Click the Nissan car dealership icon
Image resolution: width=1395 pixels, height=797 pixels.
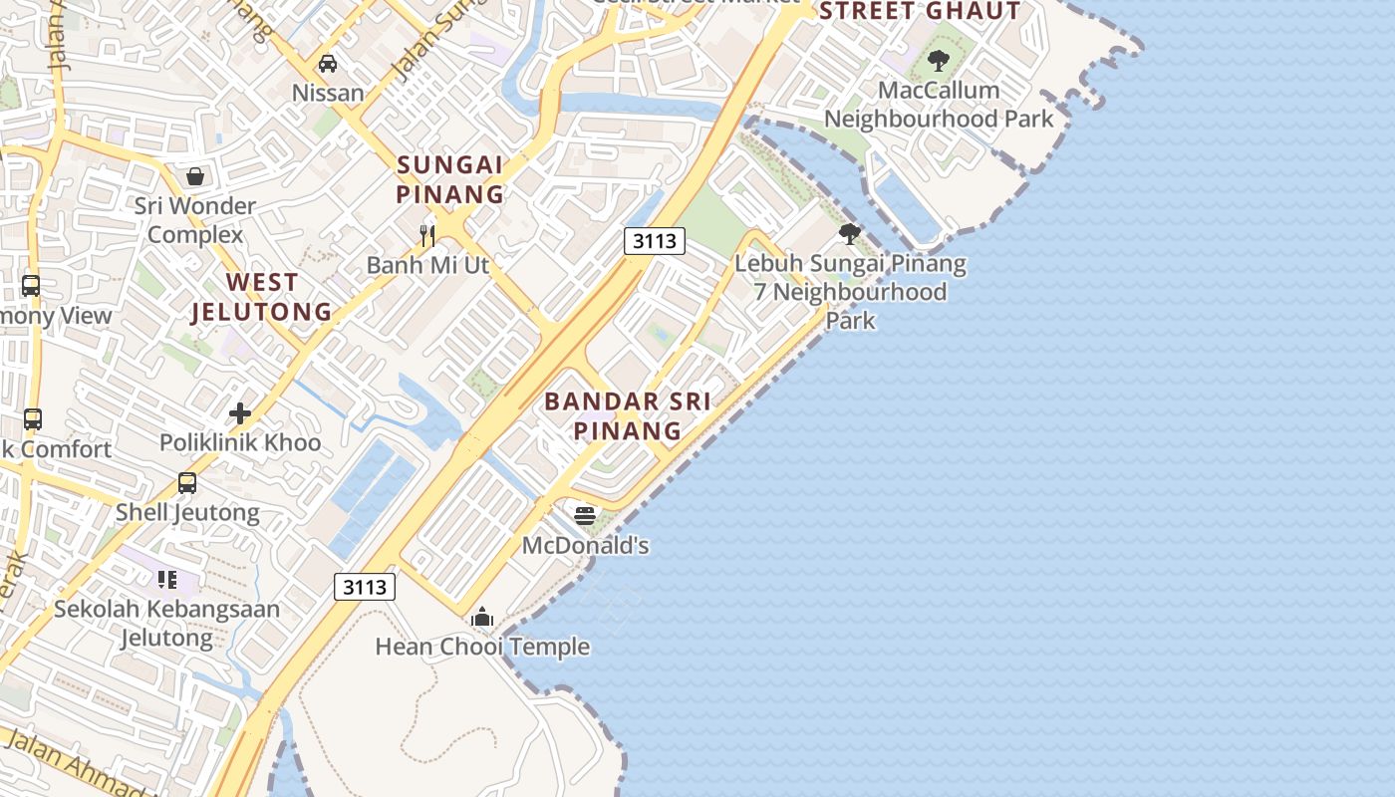pos(327,64)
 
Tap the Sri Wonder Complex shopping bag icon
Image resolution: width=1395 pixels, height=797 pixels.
pos(195,176)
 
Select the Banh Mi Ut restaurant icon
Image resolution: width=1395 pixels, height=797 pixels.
pos(427,235)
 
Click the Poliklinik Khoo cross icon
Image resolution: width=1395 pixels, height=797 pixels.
pos(240,412)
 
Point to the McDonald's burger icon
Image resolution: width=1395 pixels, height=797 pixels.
pos(585,515)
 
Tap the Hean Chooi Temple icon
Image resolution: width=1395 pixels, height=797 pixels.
pos(482,617)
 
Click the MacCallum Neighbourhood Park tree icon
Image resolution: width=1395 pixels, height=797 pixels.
pos(938,61)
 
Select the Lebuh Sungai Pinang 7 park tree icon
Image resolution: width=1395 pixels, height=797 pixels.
pos(850,234)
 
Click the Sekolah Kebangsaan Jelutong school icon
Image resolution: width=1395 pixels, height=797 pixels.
pos(167,579)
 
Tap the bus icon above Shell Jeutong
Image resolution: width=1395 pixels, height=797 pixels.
pos(187,483)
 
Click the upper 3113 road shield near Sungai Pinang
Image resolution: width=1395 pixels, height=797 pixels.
pos(655,240)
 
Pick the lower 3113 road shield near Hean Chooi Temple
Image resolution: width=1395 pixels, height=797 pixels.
pos(365,587)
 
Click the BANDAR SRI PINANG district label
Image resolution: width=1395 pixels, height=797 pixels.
pos(628,416)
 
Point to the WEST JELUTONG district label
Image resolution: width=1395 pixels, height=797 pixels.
pos(261,297)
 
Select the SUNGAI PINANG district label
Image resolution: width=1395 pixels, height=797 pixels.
pos(450,179)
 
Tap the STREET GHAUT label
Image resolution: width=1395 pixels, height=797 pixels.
pos(919,12)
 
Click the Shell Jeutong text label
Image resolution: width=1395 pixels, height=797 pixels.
pos(187,513)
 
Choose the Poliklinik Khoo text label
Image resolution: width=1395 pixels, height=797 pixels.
pos(240,442)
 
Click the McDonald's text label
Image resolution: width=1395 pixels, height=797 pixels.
pos(586,545)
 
